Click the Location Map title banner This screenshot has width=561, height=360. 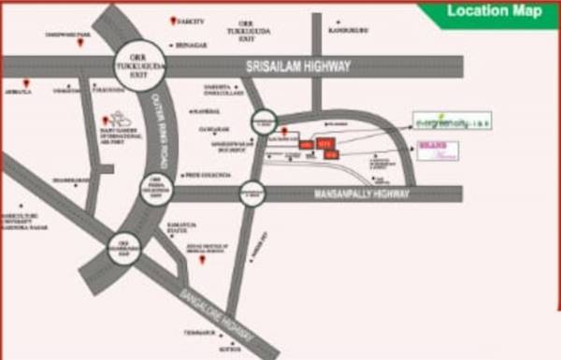pyautogui.click(x=494, y=12)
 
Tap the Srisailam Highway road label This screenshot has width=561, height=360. pyautogui.click(x=297, y=66)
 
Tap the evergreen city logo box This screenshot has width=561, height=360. pyautogui.click(x=453, y=121)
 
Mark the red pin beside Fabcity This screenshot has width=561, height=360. pyautogui.click(x=171, y=21)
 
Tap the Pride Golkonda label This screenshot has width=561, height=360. pyautogui.click(x=206, y=175)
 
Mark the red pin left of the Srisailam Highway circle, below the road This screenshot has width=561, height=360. pyautogui.click(x=107, y=121)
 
